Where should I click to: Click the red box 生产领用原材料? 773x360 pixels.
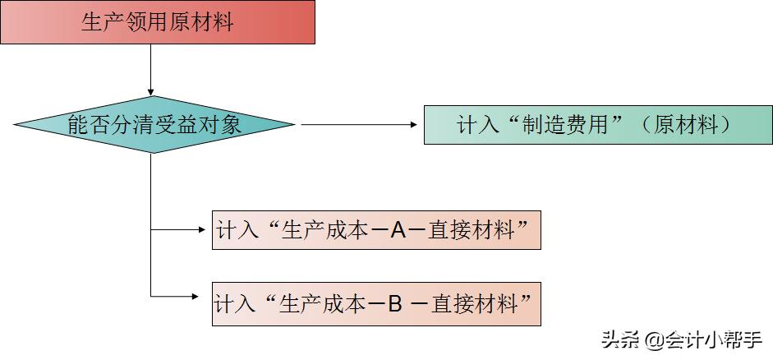[x=158, y=22]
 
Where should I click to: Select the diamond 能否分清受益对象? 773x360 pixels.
[x=154, y=125]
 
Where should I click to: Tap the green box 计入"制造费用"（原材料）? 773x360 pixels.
[x=597, y=125]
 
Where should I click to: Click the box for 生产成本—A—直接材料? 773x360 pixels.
[x=376, y=230]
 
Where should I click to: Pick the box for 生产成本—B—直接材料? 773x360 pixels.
[x=376, y=305]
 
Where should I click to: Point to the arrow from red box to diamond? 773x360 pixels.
[x=151, y=70]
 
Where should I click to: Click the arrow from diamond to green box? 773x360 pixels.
[x=360, y=125]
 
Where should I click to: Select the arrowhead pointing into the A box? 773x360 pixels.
[x=205, y=230]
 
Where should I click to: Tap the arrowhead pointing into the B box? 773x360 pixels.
[x=205, y=297]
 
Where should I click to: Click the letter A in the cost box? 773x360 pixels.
[x=398, y=231]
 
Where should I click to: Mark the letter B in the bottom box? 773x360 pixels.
[x=394, y=305]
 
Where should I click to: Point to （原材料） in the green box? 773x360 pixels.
[x=685, y=125]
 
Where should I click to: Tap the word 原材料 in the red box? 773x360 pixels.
[x=200, y=22]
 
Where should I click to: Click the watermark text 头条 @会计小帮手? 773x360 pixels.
[x=682, y=339]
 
